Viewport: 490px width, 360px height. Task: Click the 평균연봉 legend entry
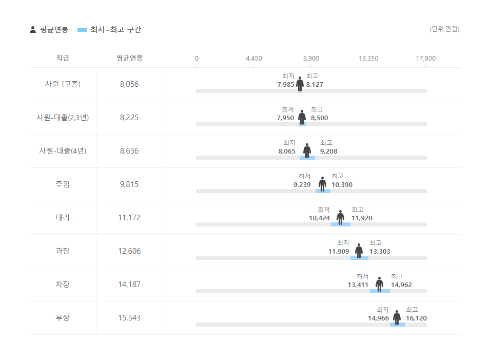(49, 30)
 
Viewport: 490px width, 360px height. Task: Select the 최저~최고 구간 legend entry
(109, 30)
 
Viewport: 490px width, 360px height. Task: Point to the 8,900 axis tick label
(311, 59)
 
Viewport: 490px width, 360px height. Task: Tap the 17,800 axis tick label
(425, 59)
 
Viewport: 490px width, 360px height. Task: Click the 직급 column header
(63, 58)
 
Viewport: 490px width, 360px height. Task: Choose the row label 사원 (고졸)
(63, 84)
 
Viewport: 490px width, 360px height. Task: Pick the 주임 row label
(63, 184)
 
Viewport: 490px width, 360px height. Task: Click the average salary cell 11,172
(129, 218)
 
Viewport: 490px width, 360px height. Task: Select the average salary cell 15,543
(129, 318)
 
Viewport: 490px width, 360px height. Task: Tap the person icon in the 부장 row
(397, 317)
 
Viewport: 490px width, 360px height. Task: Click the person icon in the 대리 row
(340, 217)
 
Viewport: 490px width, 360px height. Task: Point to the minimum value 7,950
(285, 118)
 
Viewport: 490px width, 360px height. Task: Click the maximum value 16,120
(416, 318)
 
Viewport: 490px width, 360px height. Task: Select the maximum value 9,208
(328, 151)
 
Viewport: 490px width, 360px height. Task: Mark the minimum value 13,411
(358, 285)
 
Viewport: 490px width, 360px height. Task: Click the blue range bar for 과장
(359, 257)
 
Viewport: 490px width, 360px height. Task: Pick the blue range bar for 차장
(380, 291)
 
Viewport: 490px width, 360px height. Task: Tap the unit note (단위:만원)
(444, 29)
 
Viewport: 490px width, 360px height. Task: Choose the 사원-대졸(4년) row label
(63, 151)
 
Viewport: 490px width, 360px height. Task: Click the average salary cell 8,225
(129, 118)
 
